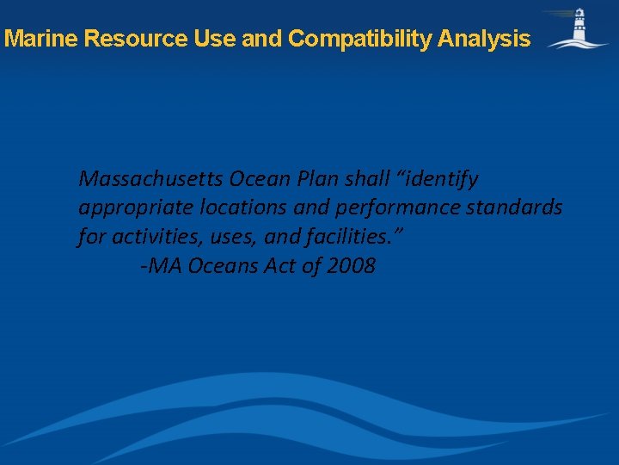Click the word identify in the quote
click(x=440, y=180)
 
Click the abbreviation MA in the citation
click(x=165, y=265)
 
